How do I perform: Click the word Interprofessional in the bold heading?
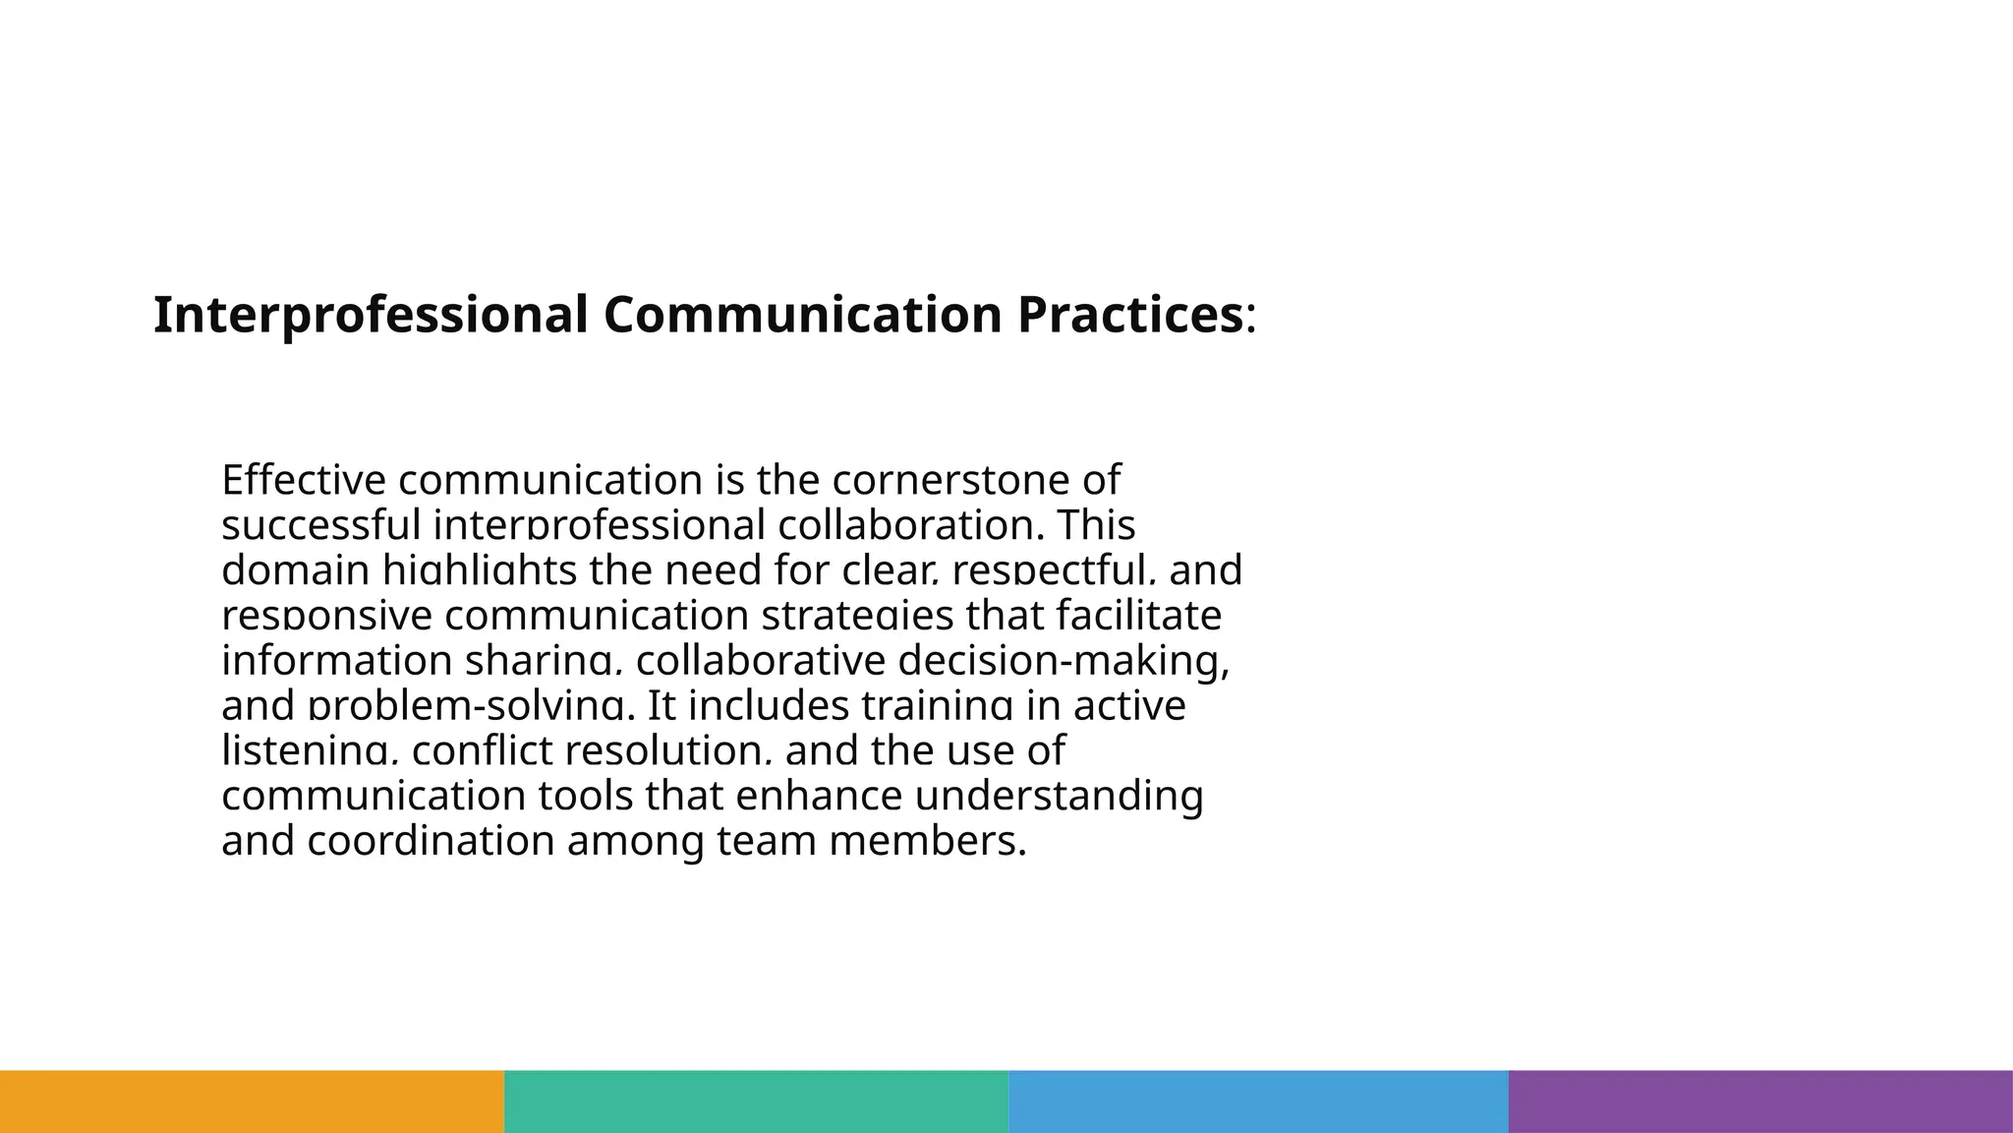point(371,316)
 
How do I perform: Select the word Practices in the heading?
point(1130,316)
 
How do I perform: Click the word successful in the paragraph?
point(320,525)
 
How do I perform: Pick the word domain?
point(295,570)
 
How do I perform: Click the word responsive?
point(326,616)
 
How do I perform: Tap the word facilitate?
point(1139,616)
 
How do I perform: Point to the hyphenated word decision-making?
point(1064,661)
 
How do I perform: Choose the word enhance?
point(819,796)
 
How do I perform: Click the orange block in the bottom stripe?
point(252,1102)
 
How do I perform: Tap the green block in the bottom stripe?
point(756,1102)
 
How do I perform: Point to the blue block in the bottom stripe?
point(1258,1102)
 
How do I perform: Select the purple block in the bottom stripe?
point(1760,1102)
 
